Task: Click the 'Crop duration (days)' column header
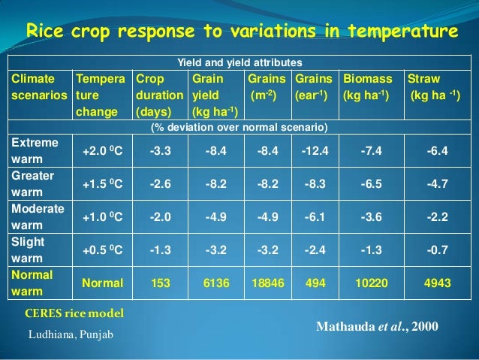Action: click(x=158, y=94)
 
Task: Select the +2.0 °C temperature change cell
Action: click(x=102, y=151)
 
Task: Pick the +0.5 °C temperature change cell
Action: click(x=102, y=250)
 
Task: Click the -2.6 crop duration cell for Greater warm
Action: click(x=161, y=184)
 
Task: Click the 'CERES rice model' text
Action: click(x=74, y=313)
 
